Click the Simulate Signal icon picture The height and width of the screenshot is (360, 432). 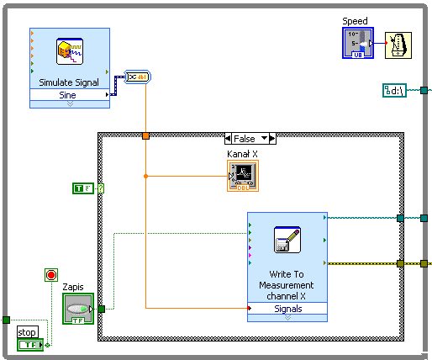pyautogui.click(x=70, y=51)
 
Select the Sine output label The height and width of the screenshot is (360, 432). pyautogui.click(x=67, y=95)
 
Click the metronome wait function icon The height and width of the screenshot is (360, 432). pyautogui.click(x=398, y=45)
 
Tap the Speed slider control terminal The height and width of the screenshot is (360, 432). pyautogui.click(x=358, y=43)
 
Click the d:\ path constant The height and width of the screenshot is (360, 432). pyautogui.click(x=394, y=91)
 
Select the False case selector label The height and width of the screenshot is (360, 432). pyautogui.click(x=245, y=139)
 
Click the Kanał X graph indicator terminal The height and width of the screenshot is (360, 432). pyautogui.click(x=243, y=176)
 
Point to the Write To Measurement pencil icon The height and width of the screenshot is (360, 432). pyautogui.click(x=287, y=240)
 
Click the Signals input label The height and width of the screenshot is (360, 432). pyautogui.click(x=288, y=309)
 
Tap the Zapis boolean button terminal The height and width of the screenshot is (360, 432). pyautogui.click(x=78, y=309)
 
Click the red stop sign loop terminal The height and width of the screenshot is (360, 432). pyautogui.click(x=51, y=275)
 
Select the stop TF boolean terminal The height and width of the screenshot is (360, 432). pyautogui.click(x=30, y=345)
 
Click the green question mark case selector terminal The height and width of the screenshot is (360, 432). pyautogui.click(x=101, y=188)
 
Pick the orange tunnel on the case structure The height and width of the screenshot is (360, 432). pyautogui.click(x=145, y=136)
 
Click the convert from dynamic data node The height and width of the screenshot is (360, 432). pyautogui.click(x=137, y=77)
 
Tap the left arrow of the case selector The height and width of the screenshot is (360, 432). pyautogui.click(x=228, y=139)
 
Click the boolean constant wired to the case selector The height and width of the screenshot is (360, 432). pyautogui.click(x=83, y=188)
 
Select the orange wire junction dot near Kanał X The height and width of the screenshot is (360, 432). pyautogui.click(x=145, y=176)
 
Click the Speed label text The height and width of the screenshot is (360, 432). pyautogui.click(x=355, y=21)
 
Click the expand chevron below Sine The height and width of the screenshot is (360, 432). pyautogui.click(x=70, y=104)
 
